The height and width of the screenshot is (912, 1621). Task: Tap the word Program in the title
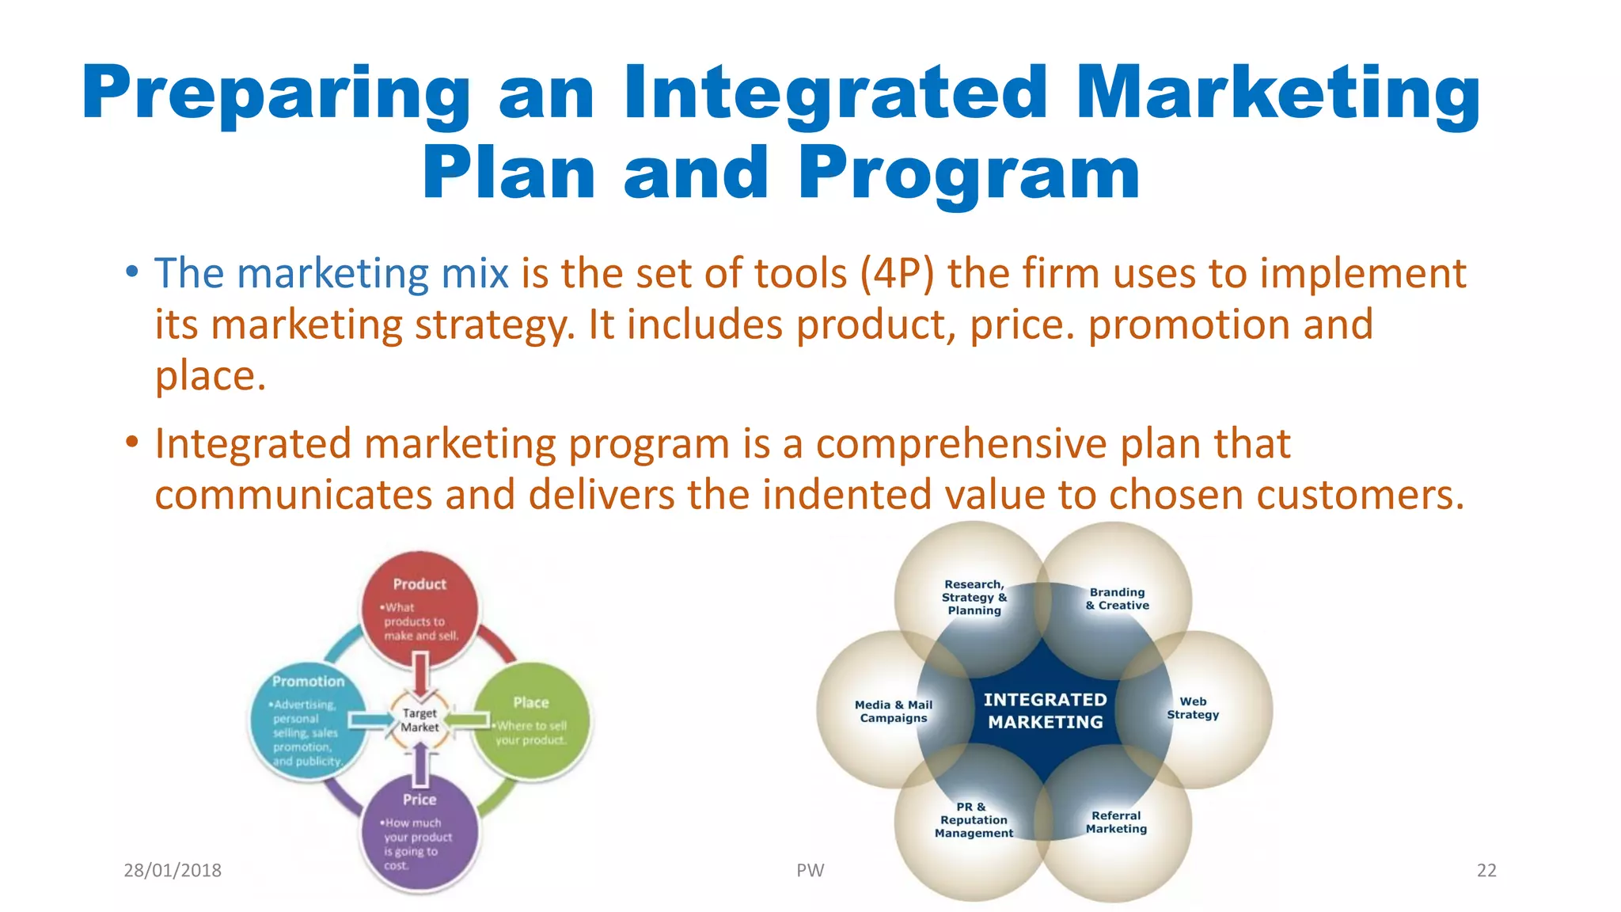click(x=969, y=174)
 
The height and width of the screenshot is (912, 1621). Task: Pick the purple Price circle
click(x=419, y=831)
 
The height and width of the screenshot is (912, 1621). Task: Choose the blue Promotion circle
click(x=308, y=720)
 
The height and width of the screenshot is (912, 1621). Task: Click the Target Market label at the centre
click(x=419, y=720)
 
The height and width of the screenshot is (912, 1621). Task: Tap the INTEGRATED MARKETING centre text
click(x=1045, y=710)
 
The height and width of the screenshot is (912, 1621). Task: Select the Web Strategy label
click(x=1193, y=708)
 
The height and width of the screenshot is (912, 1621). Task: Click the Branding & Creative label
click(x=1117, y=598)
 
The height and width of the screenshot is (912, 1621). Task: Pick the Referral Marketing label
click(x=1116, y=822)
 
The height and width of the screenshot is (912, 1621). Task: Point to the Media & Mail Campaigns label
click(x=894, y=711)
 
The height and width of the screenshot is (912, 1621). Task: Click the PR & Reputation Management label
click(x=974, y=819)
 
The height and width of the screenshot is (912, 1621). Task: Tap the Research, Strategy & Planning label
click(x=974, y=597)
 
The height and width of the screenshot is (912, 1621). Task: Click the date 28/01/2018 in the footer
click(x=173, y=870)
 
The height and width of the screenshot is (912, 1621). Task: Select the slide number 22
click(x=1486, y=870)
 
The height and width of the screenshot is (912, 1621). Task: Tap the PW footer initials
click(x=810, y=870)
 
